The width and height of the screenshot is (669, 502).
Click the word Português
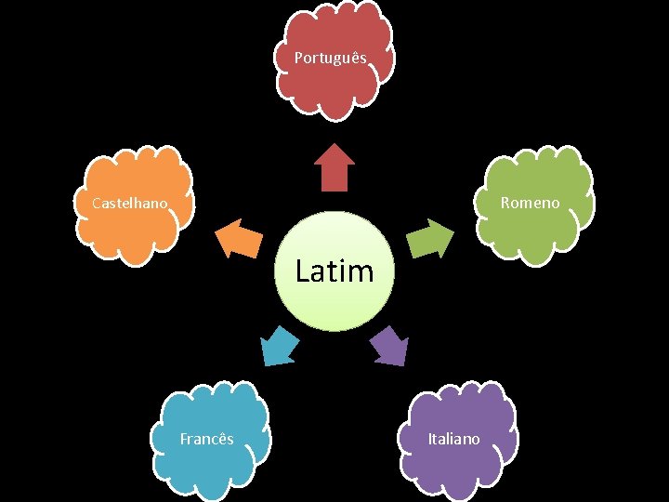coord(331,58)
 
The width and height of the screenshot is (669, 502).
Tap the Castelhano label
coord(130,203)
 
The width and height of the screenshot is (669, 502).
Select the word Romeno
coord(530,203)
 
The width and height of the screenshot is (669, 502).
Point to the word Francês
coord(206,439)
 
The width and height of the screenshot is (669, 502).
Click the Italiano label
coord(453,439)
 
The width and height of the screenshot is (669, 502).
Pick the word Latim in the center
coord(334,271)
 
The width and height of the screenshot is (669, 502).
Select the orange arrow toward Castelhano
coord(238,238)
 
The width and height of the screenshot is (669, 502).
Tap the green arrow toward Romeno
coord(430,239)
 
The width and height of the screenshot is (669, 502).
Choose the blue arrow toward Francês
coord(279,346)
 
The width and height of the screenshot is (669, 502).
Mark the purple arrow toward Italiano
coord(389,346)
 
